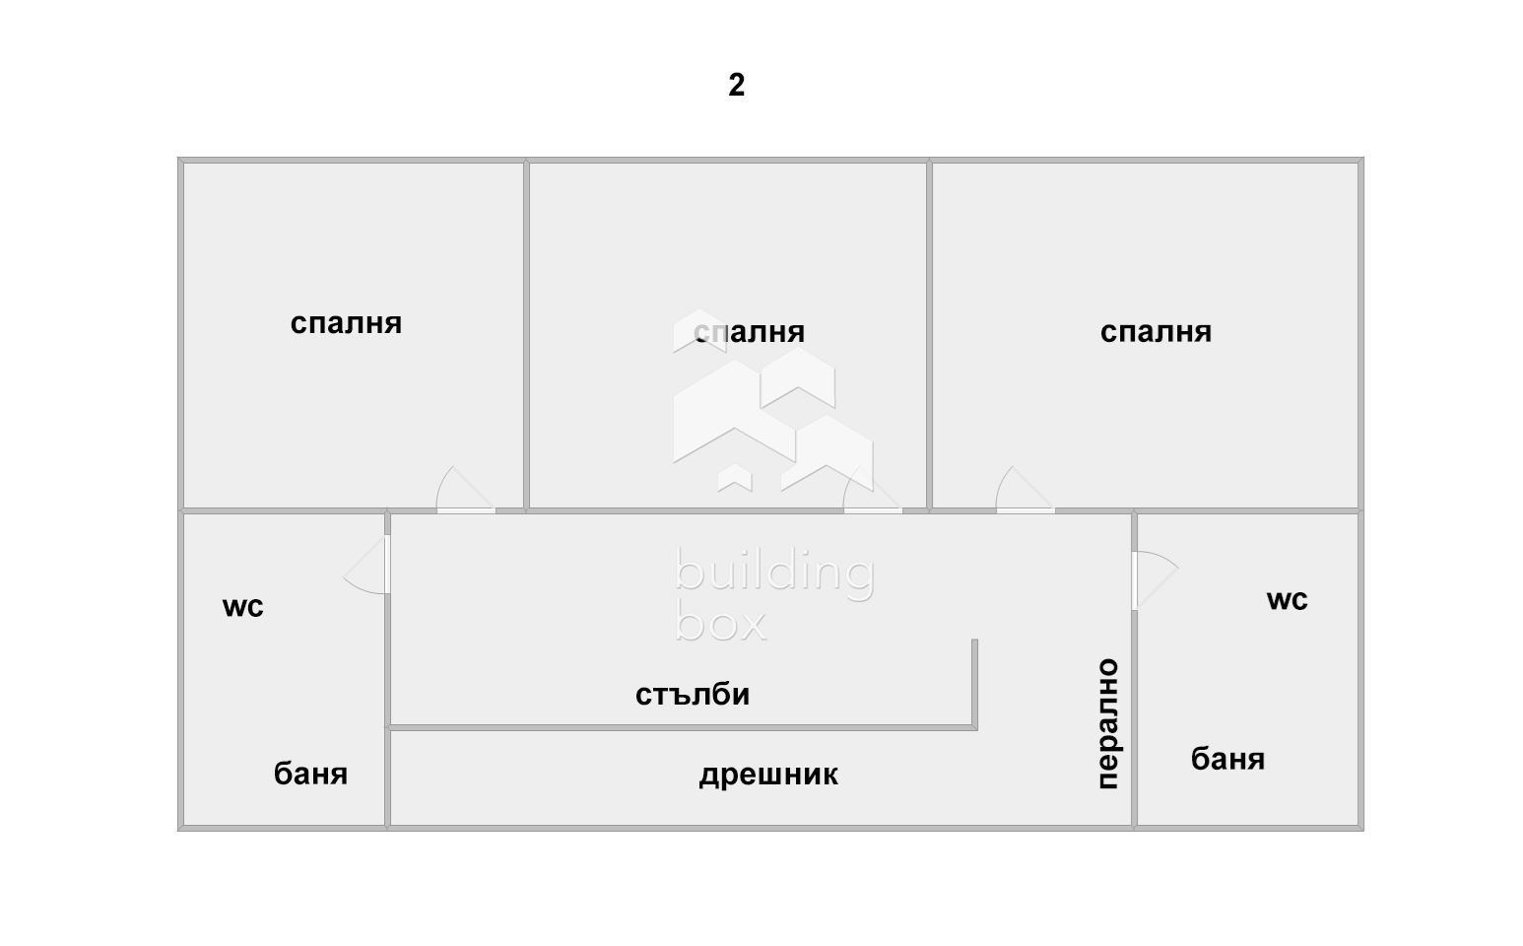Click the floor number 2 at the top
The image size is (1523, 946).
736,85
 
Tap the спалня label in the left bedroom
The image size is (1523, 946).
346,323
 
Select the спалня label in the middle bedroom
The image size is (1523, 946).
750,332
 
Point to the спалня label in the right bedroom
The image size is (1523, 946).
1156,332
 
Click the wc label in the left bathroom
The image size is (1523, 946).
242,607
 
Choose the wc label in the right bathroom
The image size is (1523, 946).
1288,600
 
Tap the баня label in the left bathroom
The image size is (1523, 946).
310,774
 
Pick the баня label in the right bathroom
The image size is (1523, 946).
1227,759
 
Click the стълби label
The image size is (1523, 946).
693,695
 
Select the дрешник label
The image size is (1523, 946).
768,775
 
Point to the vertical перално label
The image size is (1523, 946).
1109,723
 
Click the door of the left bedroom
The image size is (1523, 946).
466,489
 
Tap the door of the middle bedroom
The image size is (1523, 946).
872,489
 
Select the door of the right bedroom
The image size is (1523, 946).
1026,489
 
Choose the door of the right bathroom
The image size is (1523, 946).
1156,580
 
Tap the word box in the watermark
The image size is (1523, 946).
721,623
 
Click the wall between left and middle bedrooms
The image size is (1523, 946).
526,335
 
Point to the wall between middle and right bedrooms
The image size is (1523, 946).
929,335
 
